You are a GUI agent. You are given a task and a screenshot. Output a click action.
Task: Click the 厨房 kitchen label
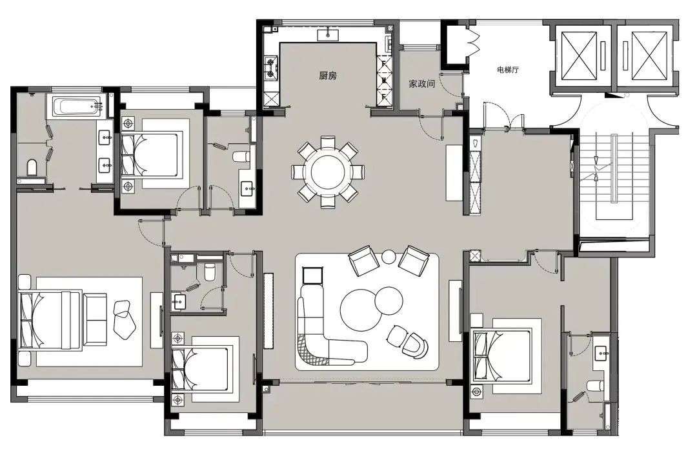tap(328, 75)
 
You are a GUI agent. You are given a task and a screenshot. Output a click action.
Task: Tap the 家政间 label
tap(421, 84)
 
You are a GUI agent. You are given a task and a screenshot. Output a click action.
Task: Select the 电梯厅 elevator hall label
tap(508, 70)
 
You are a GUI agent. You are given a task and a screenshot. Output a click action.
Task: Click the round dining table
tap(328, 172)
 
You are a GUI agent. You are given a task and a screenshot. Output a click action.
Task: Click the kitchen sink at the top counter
tap(328, 34)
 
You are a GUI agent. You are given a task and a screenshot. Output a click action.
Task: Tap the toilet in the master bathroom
tap(32, 167)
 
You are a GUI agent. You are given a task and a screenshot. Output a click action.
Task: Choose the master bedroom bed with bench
tap(62, 320)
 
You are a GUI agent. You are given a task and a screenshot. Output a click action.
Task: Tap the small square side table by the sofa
tap(312, 275)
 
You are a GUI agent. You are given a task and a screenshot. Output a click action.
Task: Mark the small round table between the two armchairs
tap(389, 257)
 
